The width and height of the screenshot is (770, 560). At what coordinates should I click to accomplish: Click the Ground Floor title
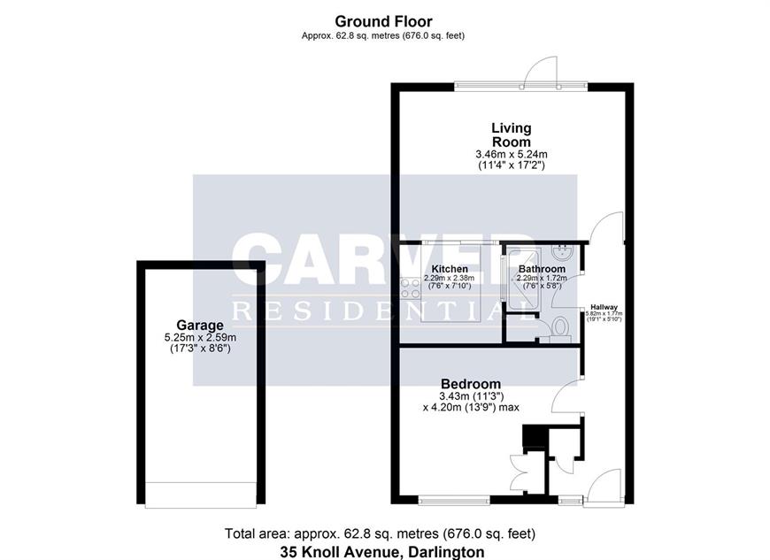(383, 21)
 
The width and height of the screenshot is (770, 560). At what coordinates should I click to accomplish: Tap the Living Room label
(512, 135)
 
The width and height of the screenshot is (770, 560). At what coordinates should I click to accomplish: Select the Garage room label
(200, 325)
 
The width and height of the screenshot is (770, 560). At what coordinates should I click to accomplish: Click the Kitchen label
(450, 269)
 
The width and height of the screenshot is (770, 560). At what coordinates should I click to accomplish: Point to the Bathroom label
(542, 269)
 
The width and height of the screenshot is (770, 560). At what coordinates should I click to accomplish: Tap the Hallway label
(604, 307)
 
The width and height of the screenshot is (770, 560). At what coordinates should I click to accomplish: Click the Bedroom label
(471, 384)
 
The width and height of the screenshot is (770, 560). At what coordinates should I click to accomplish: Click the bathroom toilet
(560, 328)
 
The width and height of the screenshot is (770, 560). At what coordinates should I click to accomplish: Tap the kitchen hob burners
(410, 288)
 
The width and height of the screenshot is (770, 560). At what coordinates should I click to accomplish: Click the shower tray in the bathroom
(522, 280)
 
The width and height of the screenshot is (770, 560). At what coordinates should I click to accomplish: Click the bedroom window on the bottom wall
(454, 500)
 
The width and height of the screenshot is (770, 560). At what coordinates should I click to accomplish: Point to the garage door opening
(201, 495)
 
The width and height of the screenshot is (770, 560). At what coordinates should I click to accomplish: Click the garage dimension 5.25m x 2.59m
(200, 338)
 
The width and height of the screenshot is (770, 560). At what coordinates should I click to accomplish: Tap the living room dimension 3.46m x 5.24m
(512, 155)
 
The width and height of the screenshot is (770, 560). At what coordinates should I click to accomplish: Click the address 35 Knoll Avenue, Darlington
(382, 552)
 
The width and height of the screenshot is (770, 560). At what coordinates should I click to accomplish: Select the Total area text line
(380, 533)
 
